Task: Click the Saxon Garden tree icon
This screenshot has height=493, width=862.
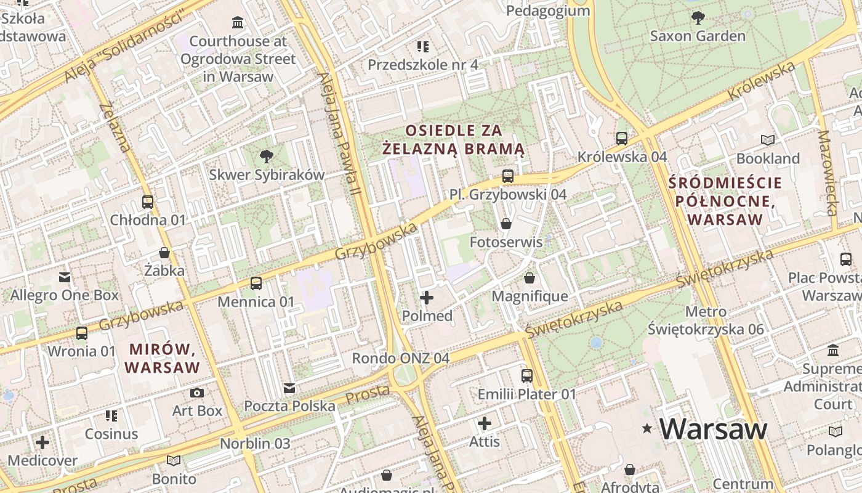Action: click(x=698, y=17)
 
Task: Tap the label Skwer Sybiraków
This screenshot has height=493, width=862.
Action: click(x=266, y=174)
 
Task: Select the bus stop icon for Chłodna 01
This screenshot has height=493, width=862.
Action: click(x=148, y=202)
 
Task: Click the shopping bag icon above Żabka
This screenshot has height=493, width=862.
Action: click(x=164, y=253)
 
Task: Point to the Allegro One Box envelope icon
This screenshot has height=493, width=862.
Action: click(x=65, y=277)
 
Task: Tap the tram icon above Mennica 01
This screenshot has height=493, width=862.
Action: click(x=256, y=283)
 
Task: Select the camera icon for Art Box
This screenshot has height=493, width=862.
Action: click(x=197, y=393)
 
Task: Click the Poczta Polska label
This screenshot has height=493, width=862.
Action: click(x=289, y=406)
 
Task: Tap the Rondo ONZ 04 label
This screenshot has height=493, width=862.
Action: click(x=400, y=358)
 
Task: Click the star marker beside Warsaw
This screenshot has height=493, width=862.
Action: click(x=647, y=428)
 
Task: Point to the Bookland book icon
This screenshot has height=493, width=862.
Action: click(x=768, y=140)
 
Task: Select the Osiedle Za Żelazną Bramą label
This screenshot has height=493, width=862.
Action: click(x=453, y=140)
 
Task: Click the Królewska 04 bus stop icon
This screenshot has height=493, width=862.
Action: click(x=622, y=138)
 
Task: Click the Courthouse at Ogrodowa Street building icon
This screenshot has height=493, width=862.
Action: click(x=238, y=23)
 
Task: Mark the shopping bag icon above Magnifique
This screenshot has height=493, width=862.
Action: click(x=530, y=278)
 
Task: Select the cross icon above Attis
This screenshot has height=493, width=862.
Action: click(x=485, y=423)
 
